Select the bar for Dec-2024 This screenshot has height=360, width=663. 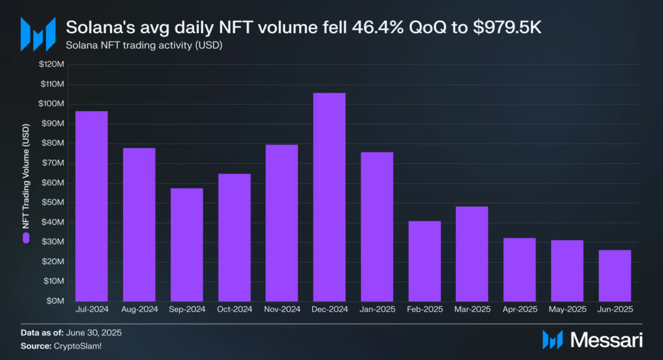[329, 197]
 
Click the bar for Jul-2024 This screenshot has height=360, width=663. [91, 206]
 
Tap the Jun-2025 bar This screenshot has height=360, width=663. [614, 275]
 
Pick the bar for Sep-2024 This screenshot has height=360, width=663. [186, 245]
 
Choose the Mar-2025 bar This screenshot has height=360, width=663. [472, 254]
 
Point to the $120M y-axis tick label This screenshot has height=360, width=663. [51, 65]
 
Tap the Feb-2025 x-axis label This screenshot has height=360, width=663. [424, 309]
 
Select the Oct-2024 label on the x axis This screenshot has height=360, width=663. [234, 309]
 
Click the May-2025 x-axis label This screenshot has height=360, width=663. [567, 309]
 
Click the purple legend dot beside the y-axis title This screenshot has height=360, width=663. [27, 238]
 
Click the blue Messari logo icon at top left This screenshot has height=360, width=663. [37, 33]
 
